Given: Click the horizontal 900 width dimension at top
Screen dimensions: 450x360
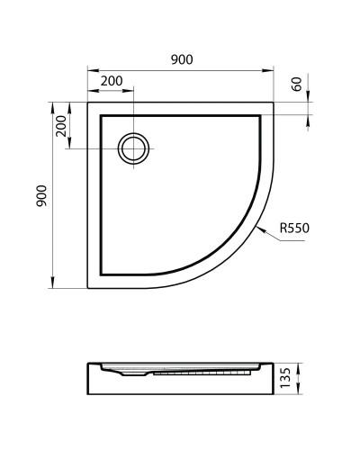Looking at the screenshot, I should tap(181, 59).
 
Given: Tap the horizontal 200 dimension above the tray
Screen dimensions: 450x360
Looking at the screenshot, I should tap(112, 81).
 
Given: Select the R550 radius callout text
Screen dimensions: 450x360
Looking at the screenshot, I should tap(294, 228).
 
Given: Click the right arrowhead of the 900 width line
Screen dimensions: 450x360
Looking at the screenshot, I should tap(272, 68).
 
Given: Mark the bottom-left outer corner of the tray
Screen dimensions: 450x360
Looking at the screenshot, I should tap(87, 288).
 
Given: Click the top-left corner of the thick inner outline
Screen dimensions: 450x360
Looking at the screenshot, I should tap(99, 114).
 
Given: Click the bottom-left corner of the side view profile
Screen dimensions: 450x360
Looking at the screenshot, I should tap(88, 396).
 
